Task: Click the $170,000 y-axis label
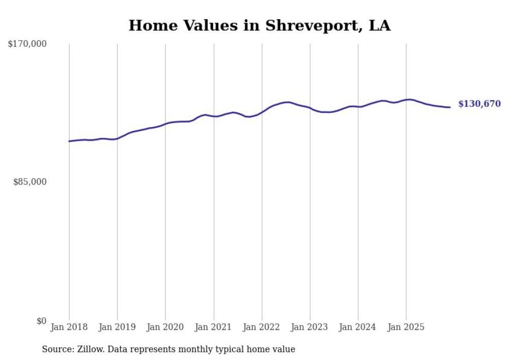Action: (27, 44)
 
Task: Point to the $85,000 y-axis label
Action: (29, 182)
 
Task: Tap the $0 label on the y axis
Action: (41, 321)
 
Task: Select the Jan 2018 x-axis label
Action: (69, 327)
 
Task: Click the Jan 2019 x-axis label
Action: (117, 327)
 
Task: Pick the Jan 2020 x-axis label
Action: (165, 327)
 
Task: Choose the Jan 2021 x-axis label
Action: (213, 327)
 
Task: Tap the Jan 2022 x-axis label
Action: (262, 327)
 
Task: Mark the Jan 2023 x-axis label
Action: (310, 327)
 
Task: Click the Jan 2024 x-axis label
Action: (358, 327)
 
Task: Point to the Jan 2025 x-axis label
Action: (406, 327)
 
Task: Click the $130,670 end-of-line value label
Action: (479, 104)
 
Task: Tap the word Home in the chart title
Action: (149, 26)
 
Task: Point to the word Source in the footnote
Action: (57, 349)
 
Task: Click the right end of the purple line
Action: (450, 107)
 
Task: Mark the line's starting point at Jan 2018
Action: (69, 141)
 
